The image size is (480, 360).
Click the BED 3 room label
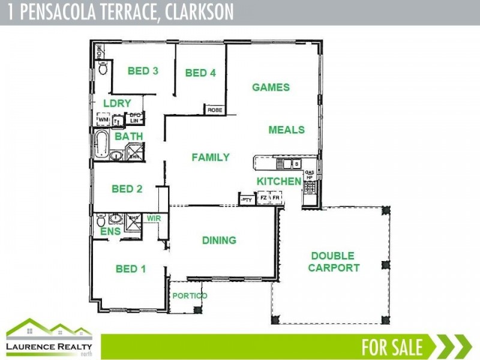143,71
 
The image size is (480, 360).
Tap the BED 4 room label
200,73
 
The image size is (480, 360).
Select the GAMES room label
271,88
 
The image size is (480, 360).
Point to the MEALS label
286,130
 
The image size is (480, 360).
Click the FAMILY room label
211,158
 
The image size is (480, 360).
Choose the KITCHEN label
279,181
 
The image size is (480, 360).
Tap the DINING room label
219,241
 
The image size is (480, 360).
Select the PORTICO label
190,296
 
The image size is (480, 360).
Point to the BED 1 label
131,269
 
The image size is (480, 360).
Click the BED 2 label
127,189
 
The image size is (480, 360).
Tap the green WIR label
154,219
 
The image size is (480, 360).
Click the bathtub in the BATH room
102,145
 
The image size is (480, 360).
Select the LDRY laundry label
117,103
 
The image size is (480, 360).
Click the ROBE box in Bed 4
214,110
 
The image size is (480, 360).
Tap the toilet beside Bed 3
103,68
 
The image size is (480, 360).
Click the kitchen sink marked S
287,163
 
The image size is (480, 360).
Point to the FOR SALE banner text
392,347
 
